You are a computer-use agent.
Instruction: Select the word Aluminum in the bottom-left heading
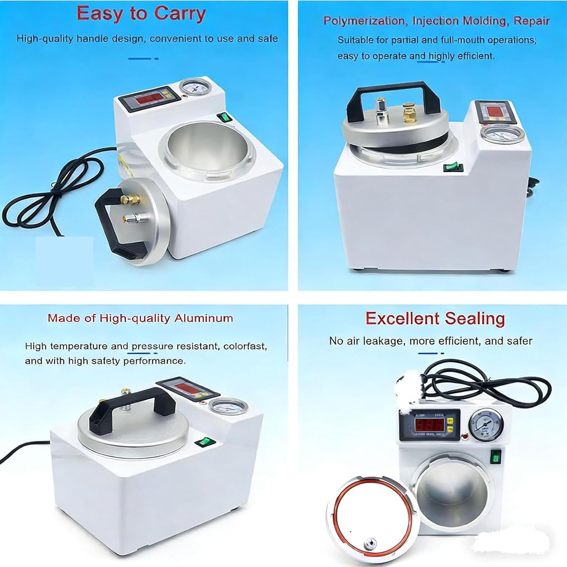(x=204, y=318)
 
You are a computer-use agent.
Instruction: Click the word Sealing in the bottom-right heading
(x=475, y=319)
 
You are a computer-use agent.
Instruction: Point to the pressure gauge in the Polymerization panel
(x=496, y=136)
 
